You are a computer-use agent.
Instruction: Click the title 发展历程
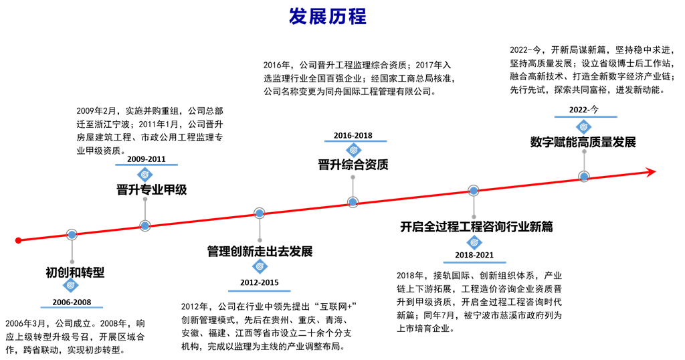[328, 17]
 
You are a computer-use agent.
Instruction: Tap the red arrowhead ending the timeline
[650, 172]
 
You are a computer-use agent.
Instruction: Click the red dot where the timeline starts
[18, 240]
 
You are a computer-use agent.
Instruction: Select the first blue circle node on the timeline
[72, 235]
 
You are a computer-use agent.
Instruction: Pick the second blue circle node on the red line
[145, 226]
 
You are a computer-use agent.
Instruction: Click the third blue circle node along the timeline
[260, 213]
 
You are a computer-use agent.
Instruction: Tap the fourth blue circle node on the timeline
[353, 201]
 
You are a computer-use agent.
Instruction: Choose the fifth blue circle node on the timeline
[474, 190]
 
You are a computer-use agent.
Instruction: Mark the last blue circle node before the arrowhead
[584, 176]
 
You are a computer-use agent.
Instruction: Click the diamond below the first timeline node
[71, 285]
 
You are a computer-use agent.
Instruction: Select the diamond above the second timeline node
[144, 175]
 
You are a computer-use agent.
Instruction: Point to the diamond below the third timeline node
[260, 266]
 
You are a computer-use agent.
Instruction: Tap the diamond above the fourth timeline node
[353, 151]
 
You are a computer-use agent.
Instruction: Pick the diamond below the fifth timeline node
[474, 242]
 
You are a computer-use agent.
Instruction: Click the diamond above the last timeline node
[584, 126]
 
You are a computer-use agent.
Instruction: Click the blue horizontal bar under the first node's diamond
[72, 307]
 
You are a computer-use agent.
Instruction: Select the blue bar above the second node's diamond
[146, 164]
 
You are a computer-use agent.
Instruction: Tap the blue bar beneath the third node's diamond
[260, 290]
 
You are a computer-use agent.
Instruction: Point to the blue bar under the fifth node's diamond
[474, 262]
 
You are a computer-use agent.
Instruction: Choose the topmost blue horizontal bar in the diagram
[585, 116]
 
